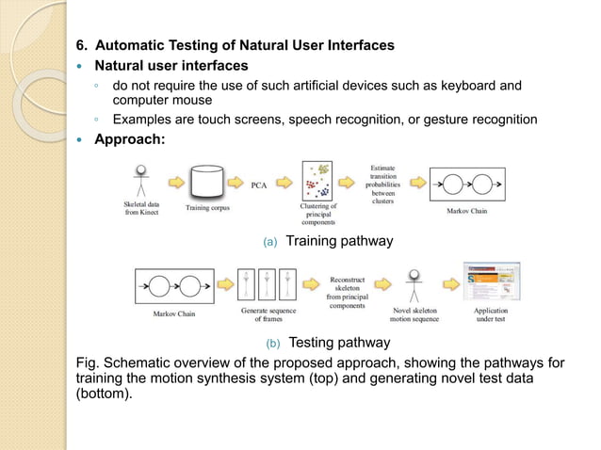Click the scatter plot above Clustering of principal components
(x=318, y=181)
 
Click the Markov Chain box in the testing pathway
(x=174, y=287)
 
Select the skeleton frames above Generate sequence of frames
(x=268, y=284)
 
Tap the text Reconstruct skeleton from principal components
(x=347, y=292)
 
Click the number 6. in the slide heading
(x=82, y=44)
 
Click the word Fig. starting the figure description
(x=89, y=362)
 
